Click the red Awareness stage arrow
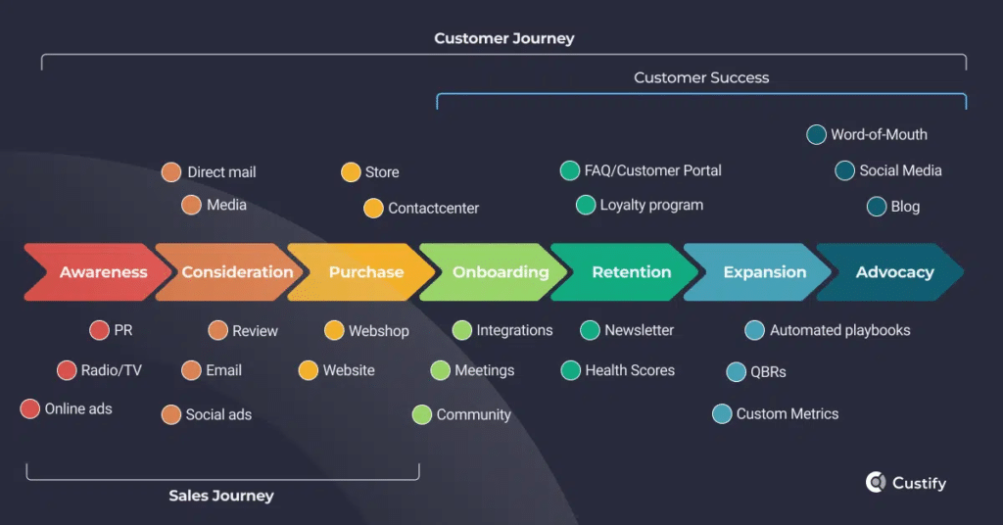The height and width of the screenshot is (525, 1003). (98, 272)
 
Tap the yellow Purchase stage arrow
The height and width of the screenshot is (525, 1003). (364, 272)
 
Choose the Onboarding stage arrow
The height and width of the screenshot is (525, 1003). (498, 272)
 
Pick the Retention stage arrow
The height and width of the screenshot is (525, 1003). (630, 272)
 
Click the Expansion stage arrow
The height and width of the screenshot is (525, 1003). (763, 272)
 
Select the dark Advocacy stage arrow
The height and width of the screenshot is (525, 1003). (893, 272)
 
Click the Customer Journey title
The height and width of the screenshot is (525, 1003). (503, 39)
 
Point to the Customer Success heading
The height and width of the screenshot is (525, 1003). (701, 77)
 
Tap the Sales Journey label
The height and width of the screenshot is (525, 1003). (221, 496)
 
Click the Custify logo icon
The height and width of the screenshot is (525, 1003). (876, 482)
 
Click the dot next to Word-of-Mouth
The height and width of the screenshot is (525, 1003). (816, 135)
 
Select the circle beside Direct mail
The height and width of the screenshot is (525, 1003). (171, 172)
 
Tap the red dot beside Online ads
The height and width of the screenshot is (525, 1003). (30, 409)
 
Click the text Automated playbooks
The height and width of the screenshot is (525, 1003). (839, 330)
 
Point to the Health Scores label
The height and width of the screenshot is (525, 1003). (629, 370)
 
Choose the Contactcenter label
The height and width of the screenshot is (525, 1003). (433, 209)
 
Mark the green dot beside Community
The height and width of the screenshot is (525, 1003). (422, 414)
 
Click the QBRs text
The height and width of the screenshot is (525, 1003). (769, 372)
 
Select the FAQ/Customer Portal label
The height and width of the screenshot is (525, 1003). (652, 170)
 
